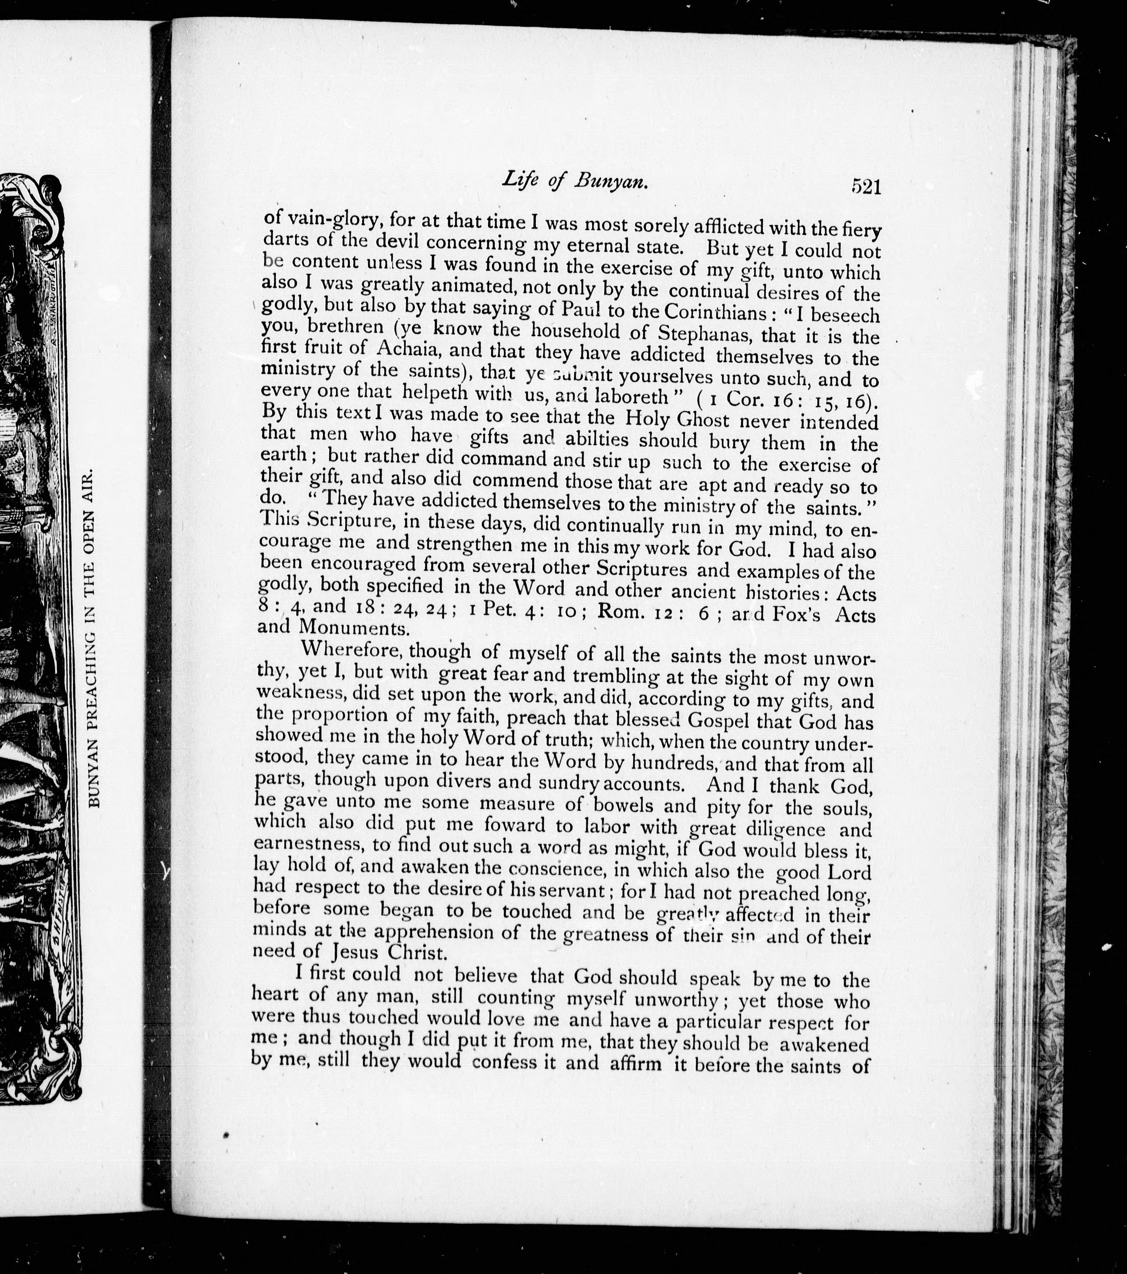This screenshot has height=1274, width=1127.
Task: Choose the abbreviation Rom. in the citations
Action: tap(621, 611)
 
